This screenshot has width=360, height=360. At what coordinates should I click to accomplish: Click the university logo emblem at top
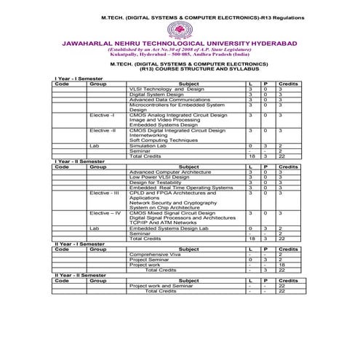click(x=179, y=30)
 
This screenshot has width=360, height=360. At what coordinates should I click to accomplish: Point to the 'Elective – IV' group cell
click(x=105, y=213)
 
